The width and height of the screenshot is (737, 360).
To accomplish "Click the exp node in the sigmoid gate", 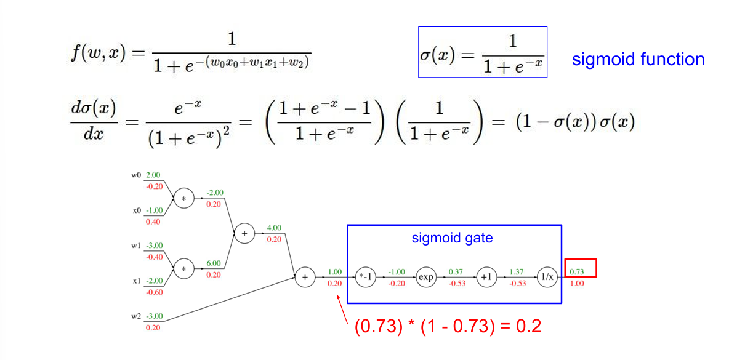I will tap(425, 277).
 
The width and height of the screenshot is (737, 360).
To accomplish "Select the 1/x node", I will tap(546, 277).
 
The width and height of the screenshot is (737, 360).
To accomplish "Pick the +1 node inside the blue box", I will tap(486, 277).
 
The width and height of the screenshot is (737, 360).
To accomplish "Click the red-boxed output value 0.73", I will tap(578, 271).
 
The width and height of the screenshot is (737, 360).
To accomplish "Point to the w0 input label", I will tap(135, 175).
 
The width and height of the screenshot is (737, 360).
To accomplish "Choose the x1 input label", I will tap(136, 281).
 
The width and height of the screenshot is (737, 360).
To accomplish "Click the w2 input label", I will tap(135, 316).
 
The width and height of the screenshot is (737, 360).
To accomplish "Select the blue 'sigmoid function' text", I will tap(638, 59).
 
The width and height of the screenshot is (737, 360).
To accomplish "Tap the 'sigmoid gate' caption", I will tap(452, 238).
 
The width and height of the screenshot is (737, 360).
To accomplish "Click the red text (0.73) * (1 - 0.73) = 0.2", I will tap(448, 326).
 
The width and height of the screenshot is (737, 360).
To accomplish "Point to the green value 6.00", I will tap(213, 263).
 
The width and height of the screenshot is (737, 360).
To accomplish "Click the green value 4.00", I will tap(274, 228).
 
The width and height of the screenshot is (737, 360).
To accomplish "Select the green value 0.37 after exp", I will tap(456, 271).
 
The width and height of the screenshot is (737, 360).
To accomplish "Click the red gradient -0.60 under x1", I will tap(155, 292).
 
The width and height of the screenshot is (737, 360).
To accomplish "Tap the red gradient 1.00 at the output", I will tap(578, 284).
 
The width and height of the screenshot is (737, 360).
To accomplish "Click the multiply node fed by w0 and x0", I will tap(183, 198).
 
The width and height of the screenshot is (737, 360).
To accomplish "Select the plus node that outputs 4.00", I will tap(244, 233).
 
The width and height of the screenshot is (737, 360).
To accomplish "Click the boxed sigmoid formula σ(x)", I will tap(483, 52).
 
